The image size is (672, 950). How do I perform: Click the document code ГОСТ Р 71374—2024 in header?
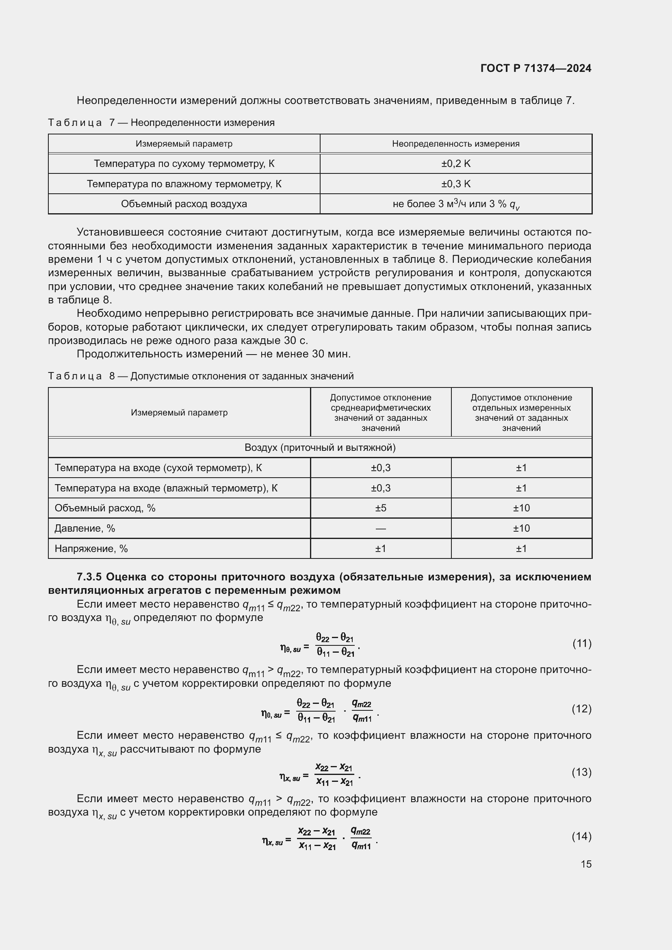coord(536,69)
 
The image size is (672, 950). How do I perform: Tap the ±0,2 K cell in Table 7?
coord(455,163)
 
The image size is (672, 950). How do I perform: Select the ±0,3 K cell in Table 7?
coord(455,184)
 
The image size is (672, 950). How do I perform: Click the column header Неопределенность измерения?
coord(455,143)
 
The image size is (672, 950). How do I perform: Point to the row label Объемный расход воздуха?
coord(184,204)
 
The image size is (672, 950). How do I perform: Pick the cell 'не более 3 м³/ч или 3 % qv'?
coord(455,204)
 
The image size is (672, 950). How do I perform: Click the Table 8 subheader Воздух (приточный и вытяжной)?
coord(320,448)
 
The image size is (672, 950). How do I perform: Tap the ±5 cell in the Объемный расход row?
coord(380,508)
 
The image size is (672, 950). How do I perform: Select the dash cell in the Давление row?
coord(380,528)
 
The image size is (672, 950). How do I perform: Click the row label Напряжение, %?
coord(91,549)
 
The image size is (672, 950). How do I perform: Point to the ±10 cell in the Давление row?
coord(521,528)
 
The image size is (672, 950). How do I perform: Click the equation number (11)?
coord(582,643)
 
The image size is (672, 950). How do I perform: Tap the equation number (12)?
coord(582,709)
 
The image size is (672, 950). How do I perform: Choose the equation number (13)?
coord(582,772)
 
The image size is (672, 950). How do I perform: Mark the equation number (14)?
coord(582,836)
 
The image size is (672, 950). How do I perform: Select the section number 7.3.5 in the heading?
coord(89,577)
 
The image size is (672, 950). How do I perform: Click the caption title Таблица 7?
coord(74,123)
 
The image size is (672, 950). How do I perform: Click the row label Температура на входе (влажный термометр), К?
coord(166,488)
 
